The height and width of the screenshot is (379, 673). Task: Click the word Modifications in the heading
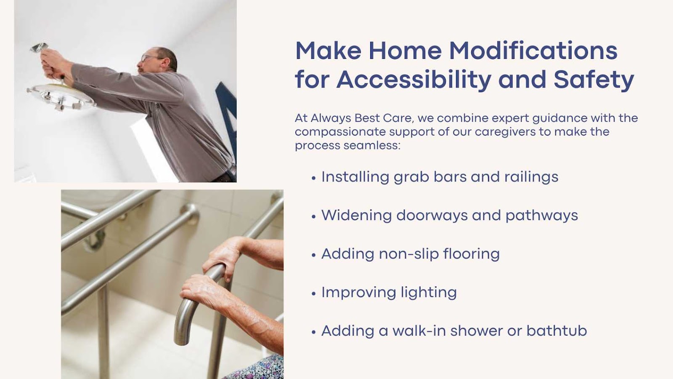pos(533,50)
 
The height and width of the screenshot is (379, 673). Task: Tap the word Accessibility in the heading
pos(414,80)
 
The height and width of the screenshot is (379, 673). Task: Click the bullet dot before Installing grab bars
pos(314,178)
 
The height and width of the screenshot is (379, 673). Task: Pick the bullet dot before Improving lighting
pos(314,294)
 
